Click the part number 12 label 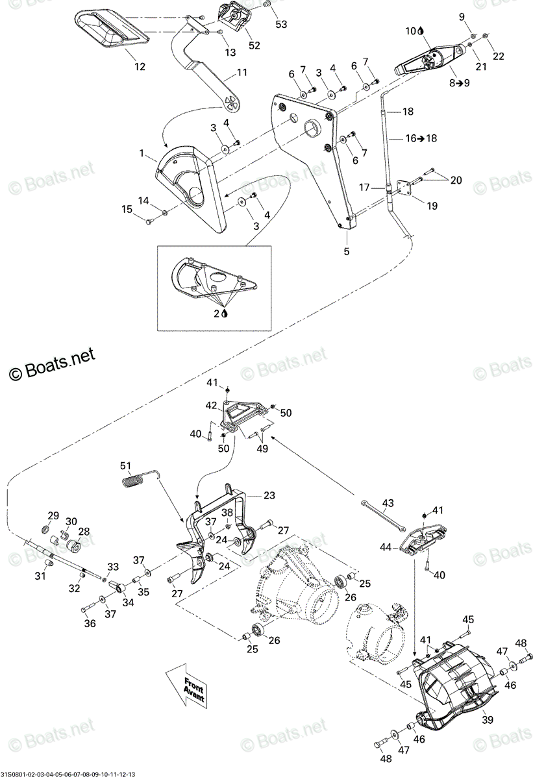pos(140,66)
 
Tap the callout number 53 pos(281,24)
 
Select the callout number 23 pos(269,495)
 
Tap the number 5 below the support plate pos(346,251)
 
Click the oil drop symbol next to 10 pos(421,31)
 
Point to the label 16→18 pos(421,138)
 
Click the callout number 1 pos(141,153)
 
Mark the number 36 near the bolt pos(90,623)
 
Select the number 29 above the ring pos(53,515)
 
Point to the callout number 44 pos(386,547)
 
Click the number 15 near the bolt pos(127,209)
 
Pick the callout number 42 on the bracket pos(211,406)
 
